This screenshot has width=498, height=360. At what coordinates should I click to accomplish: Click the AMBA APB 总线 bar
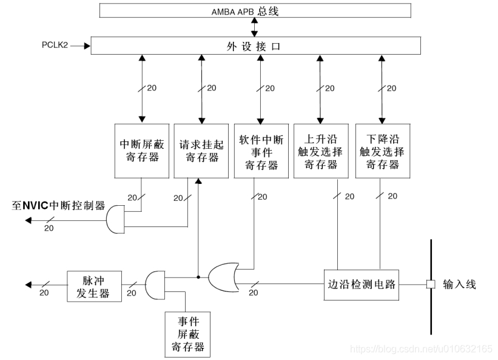254,11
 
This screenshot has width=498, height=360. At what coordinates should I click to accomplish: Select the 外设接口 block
255,46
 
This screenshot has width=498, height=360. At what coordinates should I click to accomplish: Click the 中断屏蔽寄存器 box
141,151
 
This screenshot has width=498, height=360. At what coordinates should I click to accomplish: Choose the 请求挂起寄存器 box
199,151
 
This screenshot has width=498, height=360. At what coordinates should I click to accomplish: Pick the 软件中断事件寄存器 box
261,151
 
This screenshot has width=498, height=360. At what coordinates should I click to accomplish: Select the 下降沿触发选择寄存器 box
382,151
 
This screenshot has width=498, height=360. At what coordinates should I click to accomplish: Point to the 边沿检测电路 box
361,285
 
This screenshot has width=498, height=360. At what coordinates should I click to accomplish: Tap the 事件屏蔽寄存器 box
186,333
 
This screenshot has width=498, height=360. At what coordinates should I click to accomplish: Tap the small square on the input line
431,284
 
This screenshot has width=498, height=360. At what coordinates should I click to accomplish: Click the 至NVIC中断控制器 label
58,205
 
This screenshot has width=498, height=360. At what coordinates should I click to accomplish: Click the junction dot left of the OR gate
198,278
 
